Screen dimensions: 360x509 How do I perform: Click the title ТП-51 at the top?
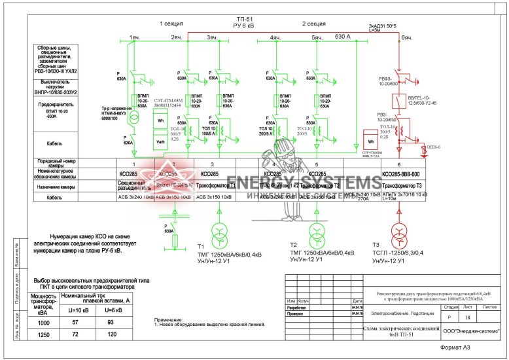[x=244, y=19]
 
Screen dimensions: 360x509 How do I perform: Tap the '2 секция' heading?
[x=313, y=24]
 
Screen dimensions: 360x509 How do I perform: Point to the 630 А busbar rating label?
[x=343, y=37]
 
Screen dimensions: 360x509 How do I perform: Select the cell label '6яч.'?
[x=406, y=38]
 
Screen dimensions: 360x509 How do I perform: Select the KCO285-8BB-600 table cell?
[x=400, y=175]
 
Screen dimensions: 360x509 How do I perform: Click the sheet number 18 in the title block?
[x=467, y=317]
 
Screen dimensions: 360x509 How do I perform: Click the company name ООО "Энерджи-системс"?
[x=471, y=332]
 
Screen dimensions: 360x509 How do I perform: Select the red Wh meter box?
[x=370, y=141]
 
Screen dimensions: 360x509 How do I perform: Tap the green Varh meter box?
[x=160, y=143]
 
